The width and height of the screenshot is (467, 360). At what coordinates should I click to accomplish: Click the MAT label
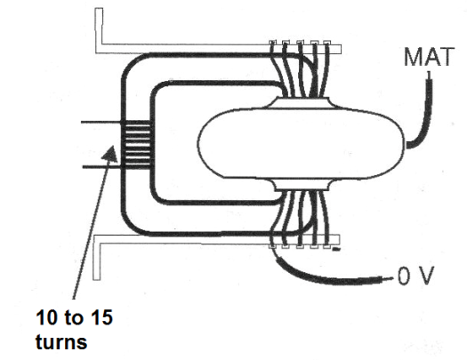(x=429, y=57)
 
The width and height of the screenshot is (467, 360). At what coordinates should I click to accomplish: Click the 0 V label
(x=415, y=276)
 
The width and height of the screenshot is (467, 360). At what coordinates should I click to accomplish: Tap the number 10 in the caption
(x=46, y=317)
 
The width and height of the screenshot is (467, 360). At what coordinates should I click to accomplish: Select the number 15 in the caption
(x=102, y=317)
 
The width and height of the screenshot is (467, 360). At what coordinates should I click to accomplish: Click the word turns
(x=61, y=341)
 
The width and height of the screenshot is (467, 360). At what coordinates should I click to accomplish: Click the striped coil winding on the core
(x=136, y=145)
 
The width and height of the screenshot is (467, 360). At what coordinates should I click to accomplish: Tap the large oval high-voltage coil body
(x=302, y=144)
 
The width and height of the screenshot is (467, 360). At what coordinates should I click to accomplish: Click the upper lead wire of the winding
(x=101, y=123)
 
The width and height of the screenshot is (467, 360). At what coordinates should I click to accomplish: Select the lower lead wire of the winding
(x=102, y=167)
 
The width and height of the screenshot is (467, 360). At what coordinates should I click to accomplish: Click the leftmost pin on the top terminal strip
(x=272, y=43)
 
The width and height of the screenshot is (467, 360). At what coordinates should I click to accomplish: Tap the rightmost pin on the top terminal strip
(x=326, y=43)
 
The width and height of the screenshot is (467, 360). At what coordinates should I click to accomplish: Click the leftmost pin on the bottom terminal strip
(x=272, y=246)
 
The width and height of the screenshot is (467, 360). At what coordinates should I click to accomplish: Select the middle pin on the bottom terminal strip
(x=300, y=246)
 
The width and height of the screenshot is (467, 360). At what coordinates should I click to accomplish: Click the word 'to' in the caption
(x=74, y=317)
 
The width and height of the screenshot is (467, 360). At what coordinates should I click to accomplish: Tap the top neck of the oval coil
(x=302, y=102)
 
